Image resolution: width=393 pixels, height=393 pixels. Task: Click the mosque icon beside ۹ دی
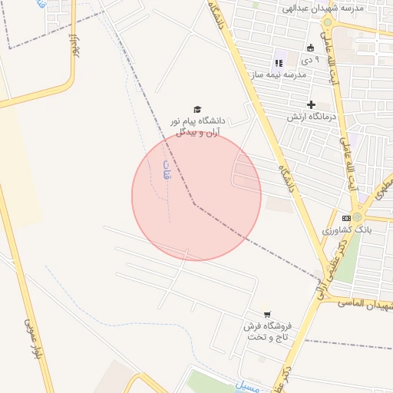click(311, 48)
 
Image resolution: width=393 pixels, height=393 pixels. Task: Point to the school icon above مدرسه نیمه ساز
click(278, 62)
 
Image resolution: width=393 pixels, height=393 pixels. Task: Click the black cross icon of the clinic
click(311, 104)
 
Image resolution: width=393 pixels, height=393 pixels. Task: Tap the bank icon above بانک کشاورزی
click(346, 218)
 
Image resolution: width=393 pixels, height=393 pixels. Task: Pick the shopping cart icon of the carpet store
click(267, 313)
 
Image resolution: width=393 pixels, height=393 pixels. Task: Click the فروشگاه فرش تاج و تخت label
click(266, 332)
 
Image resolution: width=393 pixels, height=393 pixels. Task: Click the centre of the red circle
click(196, 196)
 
